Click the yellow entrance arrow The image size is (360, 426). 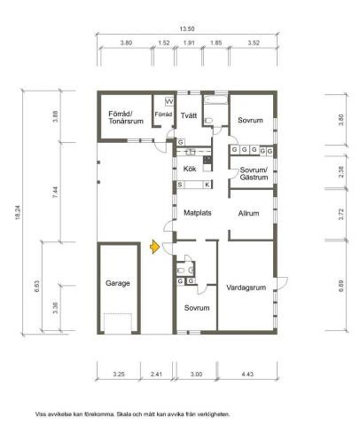click(154, 247)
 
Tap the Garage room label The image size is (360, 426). click(118, 283)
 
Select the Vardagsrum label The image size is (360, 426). click(246, 288)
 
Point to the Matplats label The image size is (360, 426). click(198, 213)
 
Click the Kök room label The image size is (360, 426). click(190, 169)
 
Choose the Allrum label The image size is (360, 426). click(248, 213)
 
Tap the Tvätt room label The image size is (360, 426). click(189, 115)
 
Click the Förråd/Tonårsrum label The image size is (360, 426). click(126, 117)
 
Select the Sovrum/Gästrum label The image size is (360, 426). click(254, 174)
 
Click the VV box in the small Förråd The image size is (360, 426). click(169, 102)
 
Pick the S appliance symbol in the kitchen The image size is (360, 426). click(180, 185)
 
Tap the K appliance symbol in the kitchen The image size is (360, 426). click(207, 185)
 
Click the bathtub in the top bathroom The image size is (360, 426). click(216, 99)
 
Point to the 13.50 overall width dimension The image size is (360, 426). click(187, 29)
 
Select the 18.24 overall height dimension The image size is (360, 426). click(18, 213)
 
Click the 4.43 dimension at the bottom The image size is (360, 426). click(247, 374)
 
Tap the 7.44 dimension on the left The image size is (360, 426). click(55, 192)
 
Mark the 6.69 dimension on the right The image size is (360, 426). click(341, 286)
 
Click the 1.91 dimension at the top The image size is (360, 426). click(189, 43)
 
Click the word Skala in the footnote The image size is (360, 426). click(123, 414)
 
